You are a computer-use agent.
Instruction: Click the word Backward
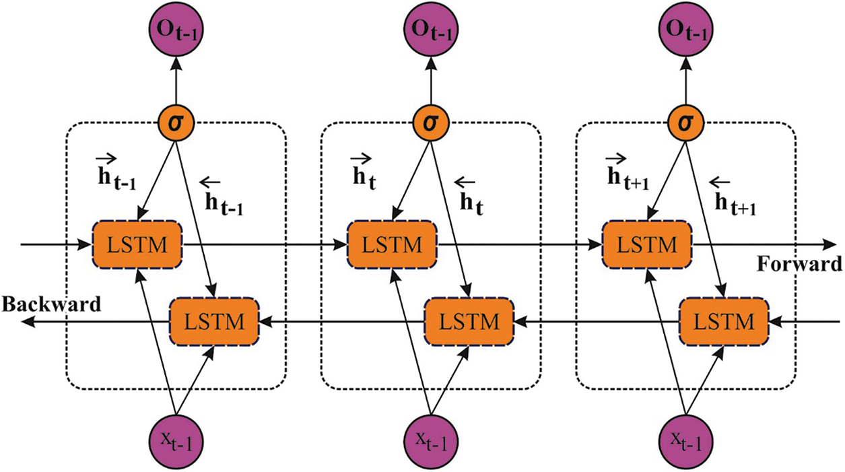[x=51, y=304]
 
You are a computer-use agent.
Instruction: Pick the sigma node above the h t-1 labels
[x=176, y=123]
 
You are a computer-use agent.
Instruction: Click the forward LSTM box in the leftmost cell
[x=137, y=243]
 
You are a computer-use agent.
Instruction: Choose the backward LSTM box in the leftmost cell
[x=214, y=321]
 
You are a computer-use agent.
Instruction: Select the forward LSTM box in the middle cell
[x=393, y=243]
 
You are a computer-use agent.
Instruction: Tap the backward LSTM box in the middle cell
[x=469, y=321]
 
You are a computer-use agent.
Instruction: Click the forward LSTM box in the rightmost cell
[x=647, y=243]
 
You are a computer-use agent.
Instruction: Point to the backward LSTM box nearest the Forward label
[x=724, y=321]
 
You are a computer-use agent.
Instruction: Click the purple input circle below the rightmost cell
[x=685, y=441]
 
